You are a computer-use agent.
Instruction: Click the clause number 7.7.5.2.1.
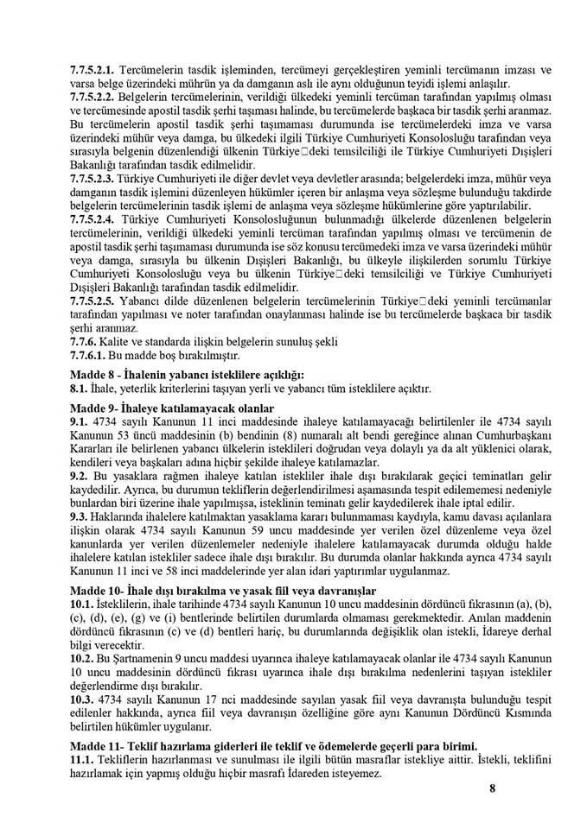tap(92, 67)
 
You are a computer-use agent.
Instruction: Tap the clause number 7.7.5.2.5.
tap(92, 315)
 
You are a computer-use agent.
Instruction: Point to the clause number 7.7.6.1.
tap(86, 355)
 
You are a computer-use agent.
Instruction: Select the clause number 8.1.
tap(80, 389)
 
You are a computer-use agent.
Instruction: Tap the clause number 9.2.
tap(80, 476)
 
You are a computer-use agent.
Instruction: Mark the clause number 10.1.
tap(83, 603)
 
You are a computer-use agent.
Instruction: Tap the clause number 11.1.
tap(83, 759)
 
